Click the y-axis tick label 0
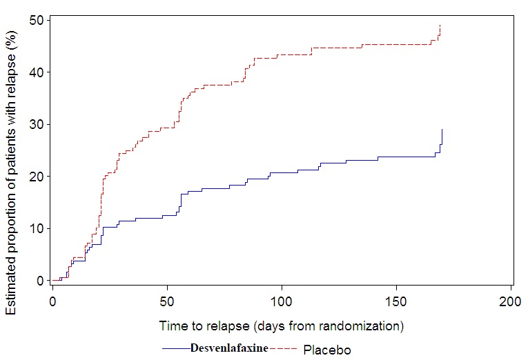tap(39, 281)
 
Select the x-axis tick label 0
tap(52, 301)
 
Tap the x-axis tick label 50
tap(167, 301)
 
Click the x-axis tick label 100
tap(282, 301)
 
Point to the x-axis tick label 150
tap(396, 301)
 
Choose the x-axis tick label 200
tap(511, 301)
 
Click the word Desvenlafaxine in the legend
tap(229, 348)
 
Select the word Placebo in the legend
tap(327, 350)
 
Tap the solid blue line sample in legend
tap(176, 348)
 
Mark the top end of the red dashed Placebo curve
tap(440, 26)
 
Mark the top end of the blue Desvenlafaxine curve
tap(442, 129)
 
